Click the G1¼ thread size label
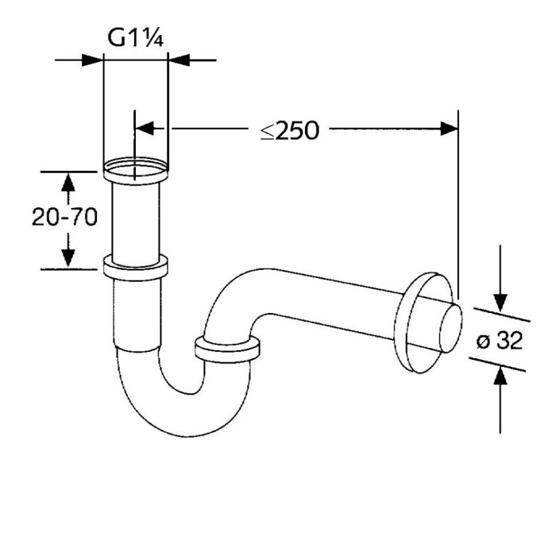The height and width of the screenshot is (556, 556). (135, 38)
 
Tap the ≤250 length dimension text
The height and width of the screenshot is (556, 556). (289, 130)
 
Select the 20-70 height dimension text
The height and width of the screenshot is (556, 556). (64, 218)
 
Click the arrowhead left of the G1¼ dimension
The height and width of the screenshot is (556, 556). (95, 59)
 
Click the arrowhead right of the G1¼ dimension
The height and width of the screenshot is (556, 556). (178, 59)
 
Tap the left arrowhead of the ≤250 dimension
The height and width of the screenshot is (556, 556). (145, 128)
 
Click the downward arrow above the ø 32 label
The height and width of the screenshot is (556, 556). (500, 301)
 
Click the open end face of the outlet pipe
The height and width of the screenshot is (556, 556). (448, 326)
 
